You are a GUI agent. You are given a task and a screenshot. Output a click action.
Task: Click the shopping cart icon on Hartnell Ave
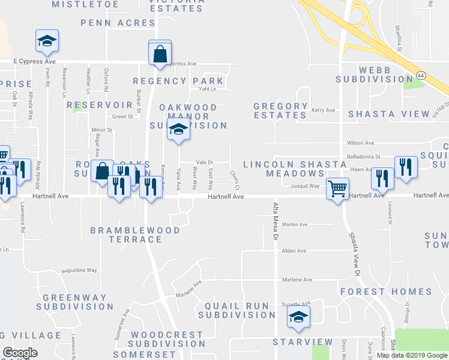337,188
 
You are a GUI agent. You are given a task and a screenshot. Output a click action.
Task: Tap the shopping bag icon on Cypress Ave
160,53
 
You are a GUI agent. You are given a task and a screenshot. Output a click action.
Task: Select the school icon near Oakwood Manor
178,129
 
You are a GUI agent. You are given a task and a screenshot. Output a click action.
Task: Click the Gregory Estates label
280,110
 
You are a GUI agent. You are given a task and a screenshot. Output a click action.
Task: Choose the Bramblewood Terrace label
134,235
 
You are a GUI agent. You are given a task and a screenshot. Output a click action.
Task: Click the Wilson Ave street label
360,143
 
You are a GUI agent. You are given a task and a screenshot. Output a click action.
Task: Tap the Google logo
20,352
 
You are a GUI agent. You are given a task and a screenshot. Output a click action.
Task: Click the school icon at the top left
47,41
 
